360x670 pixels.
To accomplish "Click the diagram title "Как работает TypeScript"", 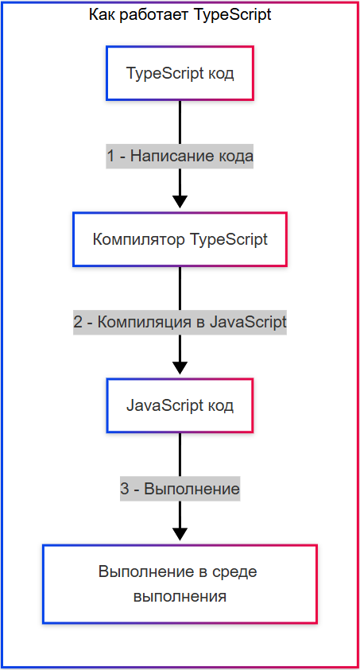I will [180, 15].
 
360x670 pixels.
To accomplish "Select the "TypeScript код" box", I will [180, 73].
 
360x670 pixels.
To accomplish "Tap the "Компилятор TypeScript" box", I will [180, 239].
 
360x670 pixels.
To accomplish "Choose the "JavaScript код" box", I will [180, 405].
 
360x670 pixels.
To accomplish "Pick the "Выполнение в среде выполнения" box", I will [180, 583].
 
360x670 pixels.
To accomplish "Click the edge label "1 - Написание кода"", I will [180, 157].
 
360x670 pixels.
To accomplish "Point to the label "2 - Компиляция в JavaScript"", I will [180, 323].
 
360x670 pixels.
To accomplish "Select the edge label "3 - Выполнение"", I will [180, 489].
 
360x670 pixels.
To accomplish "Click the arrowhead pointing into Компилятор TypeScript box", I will [180, 201].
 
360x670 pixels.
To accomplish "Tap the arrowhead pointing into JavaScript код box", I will [180, 367].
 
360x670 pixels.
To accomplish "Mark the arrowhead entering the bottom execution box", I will [180, 533].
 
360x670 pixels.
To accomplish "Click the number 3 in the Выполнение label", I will [125, 489].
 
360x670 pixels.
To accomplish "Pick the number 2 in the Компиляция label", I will [78, 323].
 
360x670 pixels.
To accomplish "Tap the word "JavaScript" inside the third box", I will [165, 405].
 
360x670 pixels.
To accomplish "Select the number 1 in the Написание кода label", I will [111, 157].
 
